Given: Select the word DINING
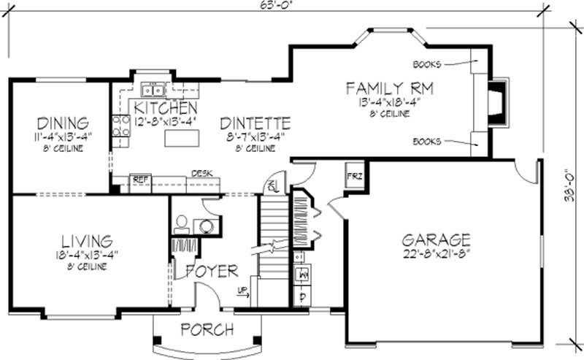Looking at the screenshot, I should click(x=63, y=123).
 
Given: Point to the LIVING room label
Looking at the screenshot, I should click(x=86, y=240).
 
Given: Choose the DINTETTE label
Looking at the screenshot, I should click(x=255, y=123).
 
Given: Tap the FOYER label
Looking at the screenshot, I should click(x=212, y=272).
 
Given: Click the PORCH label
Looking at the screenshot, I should click(x=207, y=329).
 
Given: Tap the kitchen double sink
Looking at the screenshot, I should click(x=153, y=90).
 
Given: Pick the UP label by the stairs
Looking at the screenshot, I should click(x=243, y=294).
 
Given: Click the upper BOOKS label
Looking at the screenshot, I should click(x=427, y=64).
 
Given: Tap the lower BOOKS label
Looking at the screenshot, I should click(x=427, y=141).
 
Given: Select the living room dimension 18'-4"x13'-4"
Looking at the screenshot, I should click(x=86, y=255).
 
